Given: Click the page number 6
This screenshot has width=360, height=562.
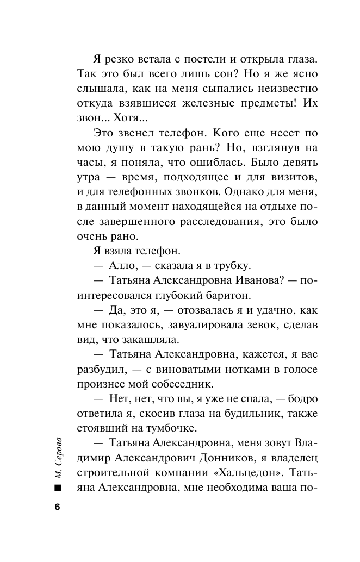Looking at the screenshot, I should pyautogui.click(x=58, y=507).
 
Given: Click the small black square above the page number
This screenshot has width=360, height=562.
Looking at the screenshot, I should pyautogui.click(x=58, y=487).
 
